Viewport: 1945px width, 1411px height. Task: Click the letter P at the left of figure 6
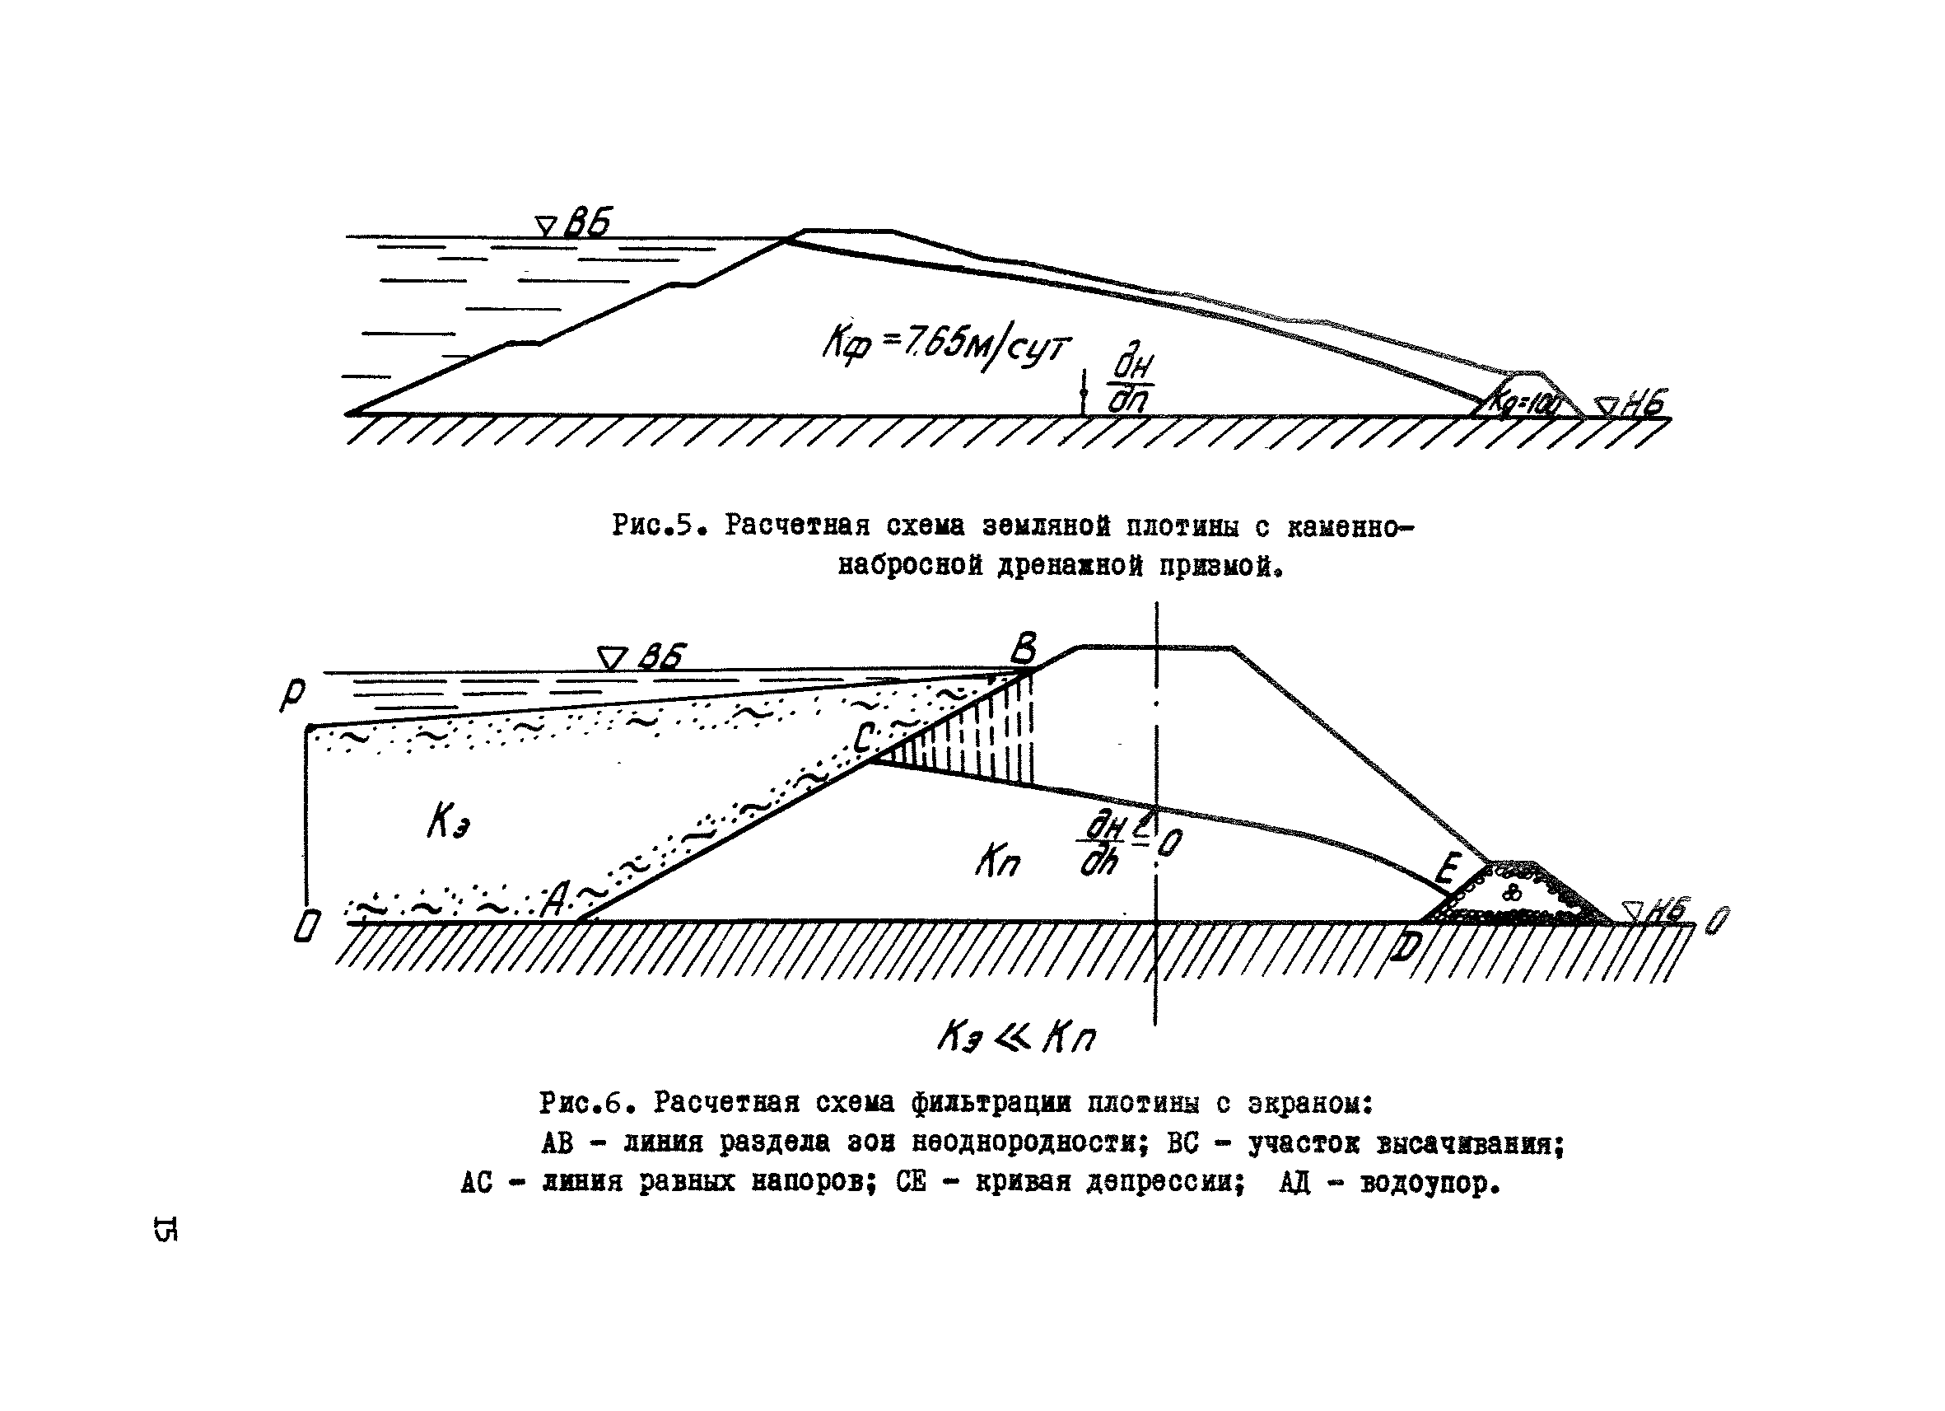tap(292, 694)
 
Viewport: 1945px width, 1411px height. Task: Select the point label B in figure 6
tap(1023, 648)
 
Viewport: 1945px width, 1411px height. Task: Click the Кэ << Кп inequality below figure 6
tap(1016, 1039)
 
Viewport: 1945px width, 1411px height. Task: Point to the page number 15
tap(166, 1228)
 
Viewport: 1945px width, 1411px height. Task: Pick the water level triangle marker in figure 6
tap(612, 659)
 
